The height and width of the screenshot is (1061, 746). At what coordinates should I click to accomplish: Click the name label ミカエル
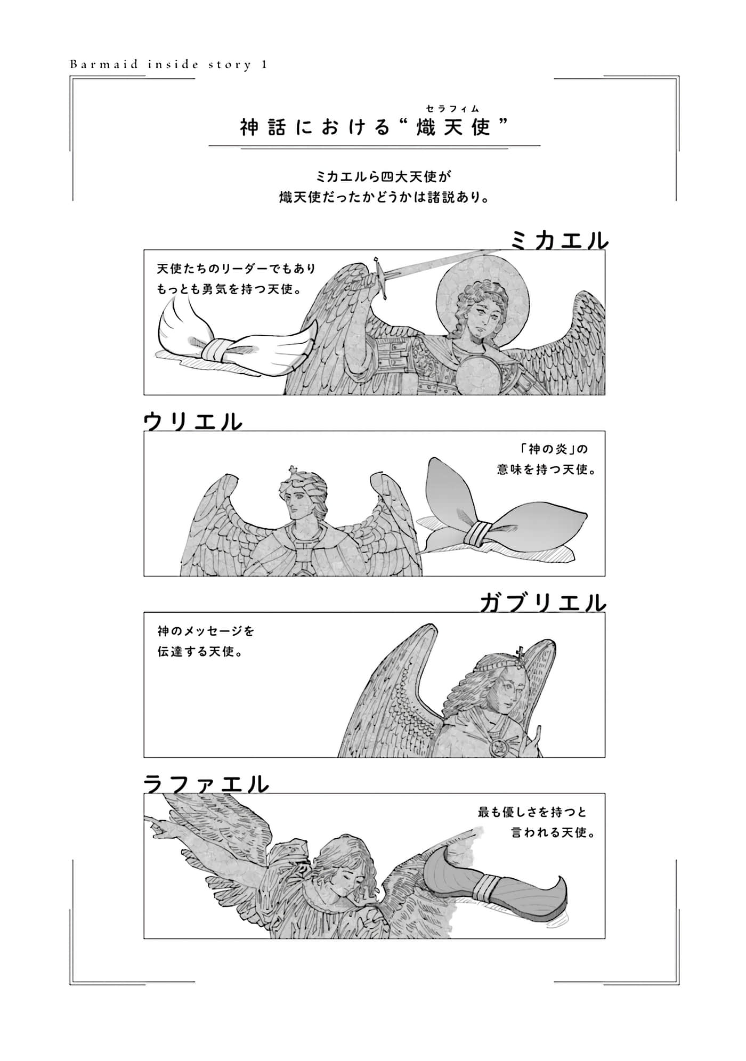(559, 241)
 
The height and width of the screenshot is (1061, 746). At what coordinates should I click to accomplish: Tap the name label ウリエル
(193, 422)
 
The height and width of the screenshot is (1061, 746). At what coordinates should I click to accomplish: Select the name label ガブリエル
(543, 603)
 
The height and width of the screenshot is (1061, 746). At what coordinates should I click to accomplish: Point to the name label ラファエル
(206, 784)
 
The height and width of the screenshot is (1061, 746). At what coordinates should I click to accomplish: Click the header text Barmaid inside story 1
(168, 65)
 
